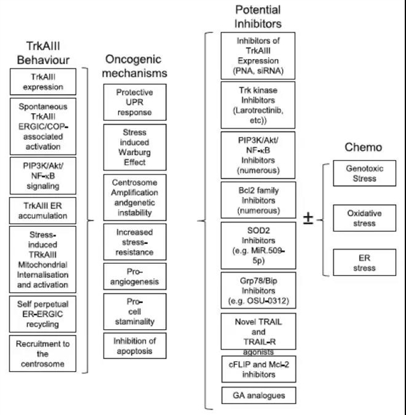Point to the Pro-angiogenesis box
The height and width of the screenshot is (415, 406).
pyautogui.click(x=134, y=275)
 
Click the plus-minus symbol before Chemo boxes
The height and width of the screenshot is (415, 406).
pyautogui.click(x=308, y=220)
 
